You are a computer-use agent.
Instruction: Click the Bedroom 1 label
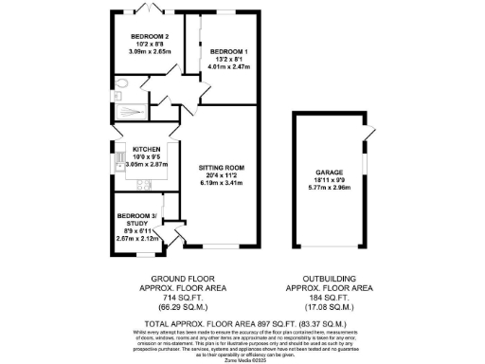click(x=227, y=50)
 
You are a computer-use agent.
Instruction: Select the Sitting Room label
click(x=222, y=168)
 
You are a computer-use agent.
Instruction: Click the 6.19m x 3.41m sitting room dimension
click(x=222, y=183)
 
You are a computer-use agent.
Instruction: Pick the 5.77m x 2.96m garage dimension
click(x=329, y=189)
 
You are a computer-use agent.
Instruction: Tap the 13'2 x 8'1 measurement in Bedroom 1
click(x=227, y=59)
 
